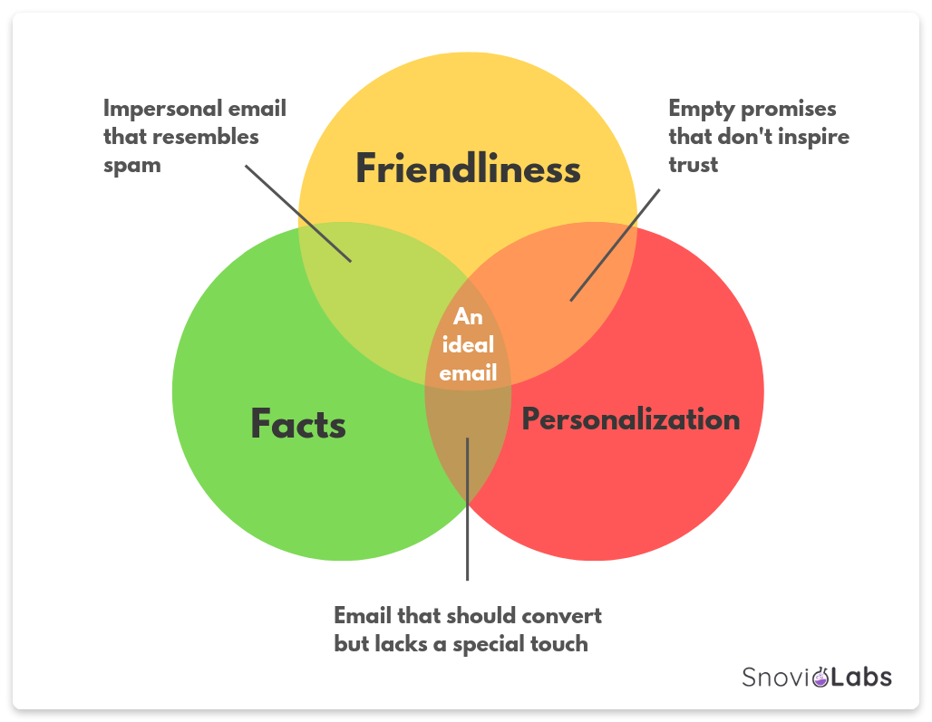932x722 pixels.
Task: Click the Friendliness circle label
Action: point(468,168)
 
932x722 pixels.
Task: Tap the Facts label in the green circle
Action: point(297,423)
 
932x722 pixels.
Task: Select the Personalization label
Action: point(631,419)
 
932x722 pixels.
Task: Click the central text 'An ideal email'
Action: point(468,344)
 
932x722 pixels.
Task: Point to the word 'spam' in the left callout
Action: point(132,166)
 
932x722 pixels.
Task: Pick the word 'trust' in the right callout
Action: point(693,165)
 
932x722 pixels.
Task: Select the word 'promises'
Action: point(789,110)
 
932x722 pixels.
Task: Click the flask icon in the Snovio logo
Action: point(820,677)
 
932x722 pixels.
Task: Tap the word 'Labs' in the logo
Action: point(861,677)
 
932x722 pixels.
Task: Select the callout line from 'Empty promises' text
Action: point(615,245)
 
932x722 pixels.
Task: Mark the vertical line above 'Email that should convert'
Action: point(467,509)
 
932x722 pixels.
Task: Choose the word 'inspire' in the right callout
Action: point(814,137)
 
